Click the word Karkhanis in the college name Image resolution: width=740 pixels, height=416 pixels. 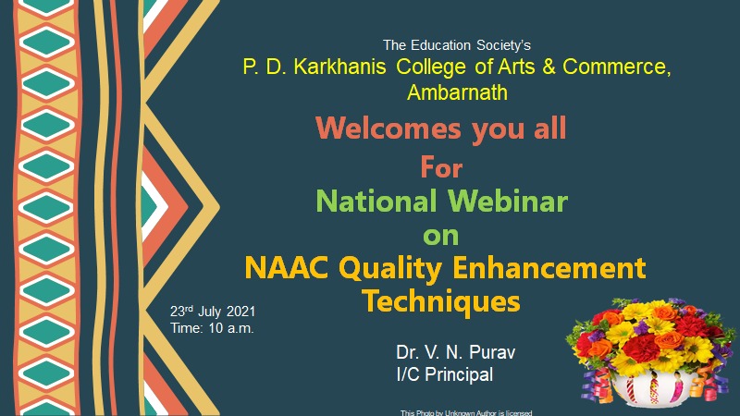(x=339, y=67)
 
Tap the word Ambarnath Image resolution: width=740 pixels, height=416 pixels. (x=457, y=92)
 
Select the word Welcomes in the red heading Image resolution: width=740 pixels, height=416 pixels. (x=388, y=128)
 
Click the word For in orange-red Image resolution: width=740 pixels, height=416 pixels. (x=441, y=167)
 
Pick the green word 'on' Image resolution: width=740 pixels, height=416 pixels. (x=441, y=236)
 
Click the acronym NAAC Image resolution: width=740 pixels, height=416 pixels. (x=287, y=268)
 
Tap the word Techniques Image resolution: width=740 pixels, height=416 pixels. (x=441, y=301)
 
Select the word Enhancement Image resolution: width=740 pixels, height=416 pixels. (x=549, y=268)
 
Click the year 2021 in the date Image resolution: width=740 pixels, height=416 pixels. (x=240, y=312)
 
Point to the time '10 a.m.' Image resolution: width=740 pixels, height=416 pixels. (x=231, y=328)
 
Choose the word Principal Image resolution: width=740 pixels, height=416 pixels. (x=459, y=375)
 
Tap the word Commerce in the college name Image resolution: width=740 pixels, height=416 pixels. (x=616, y=67)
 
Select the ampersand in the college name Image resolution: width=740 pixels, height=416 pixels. (x=549, y=67)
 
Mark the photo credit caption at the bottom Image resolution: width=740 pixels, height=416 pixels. (x=466, y=412)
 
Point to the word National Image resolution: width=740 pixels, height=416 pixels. (x=376, y=201)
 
